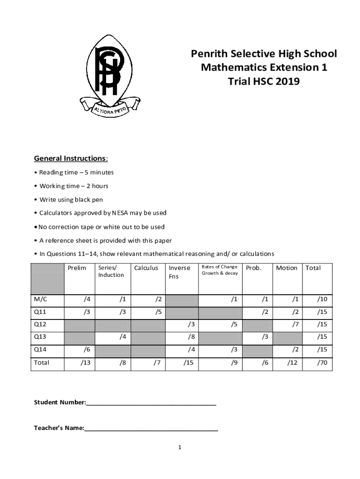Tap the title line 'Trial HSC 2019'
coord(263,81)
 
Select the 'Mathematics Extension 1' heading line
coord(264,67)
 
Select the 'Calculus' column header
coord(146,268)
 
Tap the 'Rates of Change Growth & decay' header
coord(219,270)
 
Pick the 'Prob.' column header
coord(253,268)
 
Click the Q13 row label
coord(40,336)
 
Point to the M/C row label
coord(41,299)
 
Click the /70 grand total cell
coord(322,362)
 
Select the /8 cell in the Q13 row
coord(191,336)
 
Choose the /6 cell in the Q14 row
coord(87,349)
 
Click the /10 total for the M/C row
coord(322,299)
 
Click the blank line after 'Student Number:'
coord(151,402)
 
